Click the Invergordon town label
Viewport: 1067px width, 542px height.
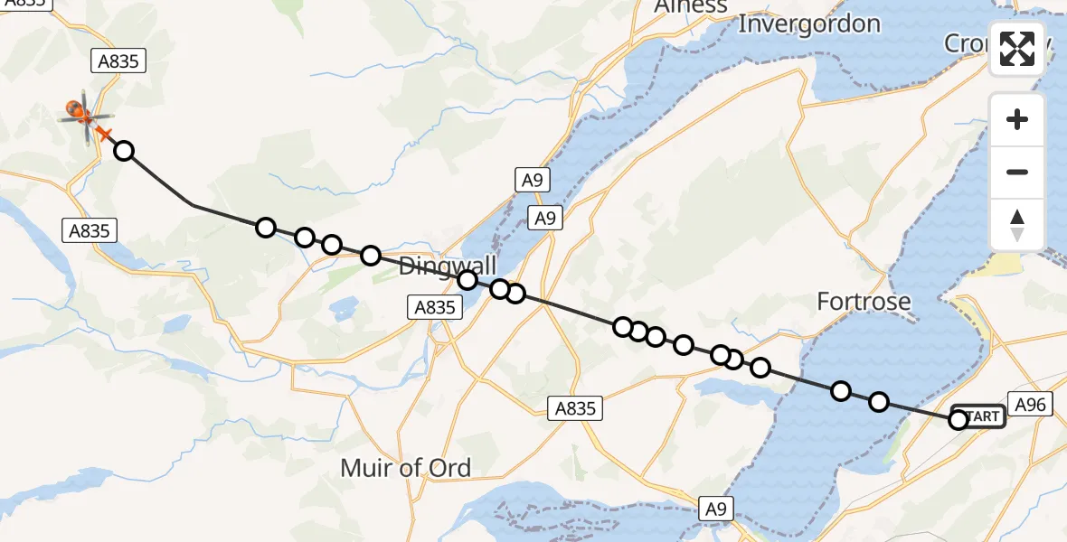pyautogui.click(x=809, y=23)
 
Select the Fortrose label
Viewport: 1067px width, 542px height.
pyautogui.click(x=864, y=301)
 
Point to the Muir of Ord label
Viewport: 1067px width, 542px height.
pyautogui.click(x=405, y=468)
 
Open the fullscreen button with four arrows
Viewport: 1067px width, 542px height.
pyautogui.click(x=1017, y=49)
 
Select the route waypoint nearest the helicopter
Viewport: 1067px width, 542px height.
pyautogui.click(x=124, y=151)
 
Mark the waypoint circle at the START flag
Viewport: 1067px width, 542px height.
pyautogui.click(x=958, y=419)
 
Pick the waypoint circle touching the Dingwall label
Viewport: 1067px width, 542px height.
pyautogui.click(x=467, y=280)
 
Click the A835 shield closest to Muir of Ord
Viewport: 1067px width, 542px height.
pyautogui.click(x=576, y=408)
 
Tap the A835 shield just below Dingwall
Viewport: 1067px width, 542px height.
pyautogui.click(x=434, y=307)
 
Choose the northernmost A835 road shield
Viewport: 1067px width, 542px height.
pyautogui.click(x=118, y=61)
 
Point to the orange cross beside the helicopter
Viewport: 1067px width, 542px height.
pyautogui.click(x=104, y=135)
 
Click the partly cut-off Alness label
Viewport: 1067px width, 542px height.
pyautogui.click(x=691, y=7)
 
